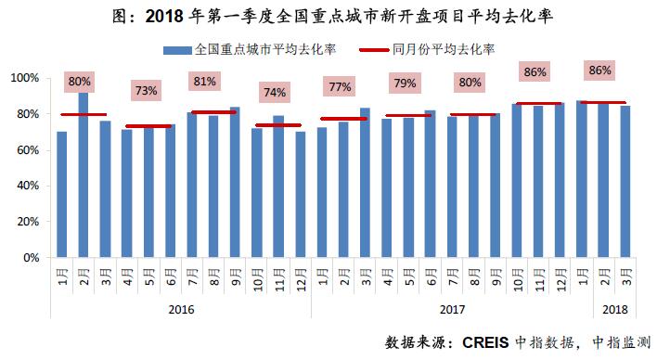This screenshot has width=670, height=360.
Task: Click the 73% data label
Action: (x=147, y=91)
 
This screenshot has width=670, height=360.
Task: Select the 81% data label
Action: (x=203, y=81)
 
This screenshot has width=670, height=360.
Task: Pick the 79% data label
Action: (x=405, y=84)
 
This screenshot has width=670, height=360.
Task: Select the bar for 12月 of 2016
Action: (x=300, y=194)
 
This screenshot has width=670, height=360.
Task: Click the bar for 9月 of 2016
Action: (x=235, y=182)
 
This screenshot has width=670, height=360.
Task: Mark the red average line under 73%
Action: (x=148, y=126)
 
